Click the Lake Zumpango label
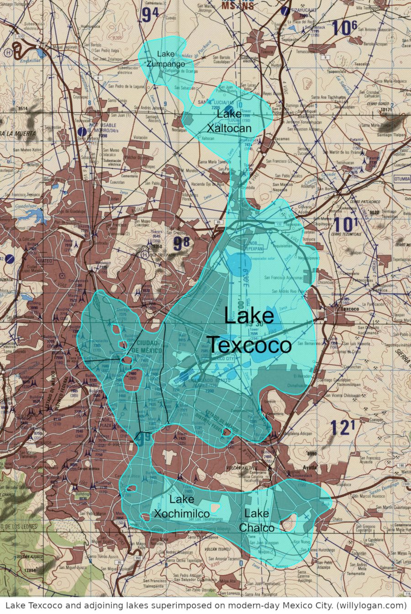[x=166, y=59]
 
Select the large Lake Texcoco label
[x=249, y=331]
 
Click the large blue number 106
[x=344, y=28]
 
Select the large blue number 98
[x=181, y=243]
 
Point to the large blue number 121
[x=342, y=428]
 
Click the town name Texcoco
[x=350, y=309]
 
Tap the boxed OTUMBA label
[x=402, y=179]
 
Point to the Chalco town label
[x=337, y=519]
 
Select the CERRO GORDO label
[x=377, y=104]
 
